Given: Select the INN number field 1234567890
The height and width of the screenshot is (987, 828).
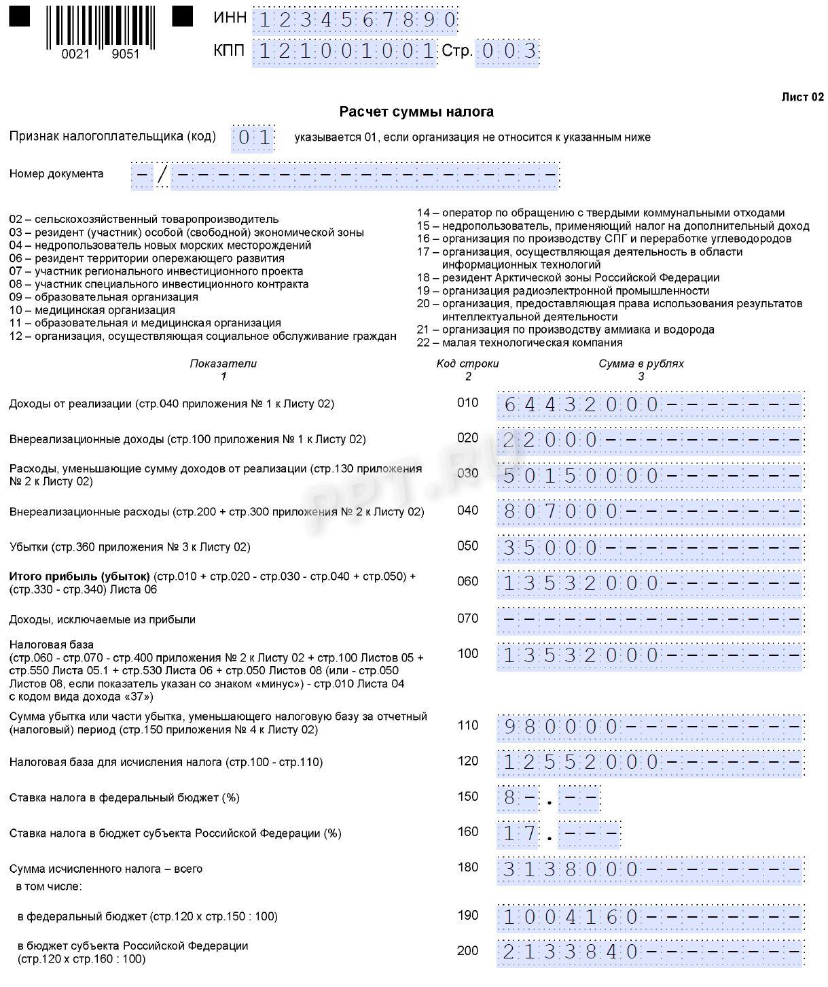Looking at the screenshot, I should (355, 20).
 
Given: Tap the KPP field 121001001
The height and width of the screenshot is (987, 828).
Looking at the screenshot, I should (344, 52).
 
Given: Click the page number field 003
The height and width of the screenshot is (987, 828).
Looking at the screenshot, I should (507, 52).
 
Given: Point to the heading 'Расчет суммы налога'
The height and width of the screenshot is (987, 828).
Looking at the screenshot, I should (416, 111).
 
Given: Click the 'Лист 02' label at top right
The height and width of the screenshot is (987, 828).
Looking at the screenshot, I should (802, 97).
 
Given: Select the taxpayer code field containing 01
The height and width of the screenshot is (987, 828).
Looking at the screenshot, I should (253, 138).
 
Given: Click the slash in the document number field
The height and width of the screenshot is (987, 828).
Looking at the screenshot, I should (162, 175).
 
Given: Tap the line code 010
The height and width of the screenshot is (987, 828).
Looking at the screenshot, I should (467, 402).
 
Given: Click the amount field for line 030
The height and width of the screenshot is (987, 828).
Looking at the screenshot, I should (650, 476).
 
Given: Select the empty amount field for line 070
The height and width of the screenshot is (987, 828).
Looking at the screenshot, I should (650, 619).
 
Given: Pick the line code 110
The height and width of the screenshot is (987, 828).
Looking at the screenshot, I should (467, 725).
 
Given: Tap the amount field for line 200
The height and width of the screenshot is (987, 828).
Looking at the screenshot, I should (650, 952).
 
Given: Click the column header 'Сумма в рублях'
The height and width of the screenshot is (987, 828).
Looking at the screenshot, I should (641, 364).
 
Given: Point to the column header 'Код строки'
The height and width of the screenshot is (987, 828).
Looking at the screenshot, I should (467, 364).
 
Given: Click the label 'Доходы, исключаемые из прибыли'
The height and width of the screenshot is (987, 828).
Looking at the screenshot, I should (102, 619).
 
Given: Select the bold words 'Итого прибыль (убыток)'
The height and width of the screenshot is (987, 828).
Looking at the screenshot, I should (79, 576).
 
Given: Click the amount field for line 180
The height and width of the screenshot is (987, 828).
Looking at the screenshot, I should (650, 869).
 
